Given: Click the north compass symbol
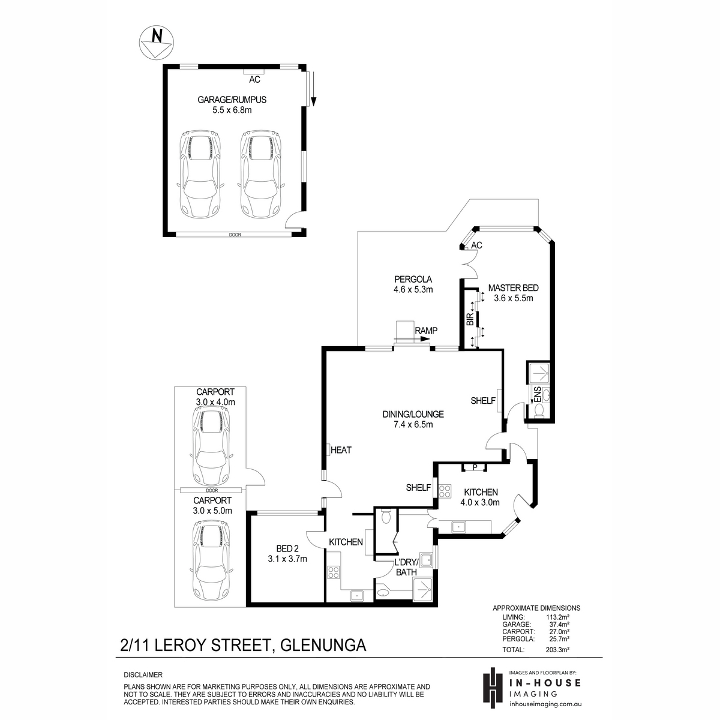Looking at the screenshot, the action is tap(157, 43).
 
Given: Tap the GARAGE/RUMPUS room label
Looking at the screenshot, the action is tap(232, 100).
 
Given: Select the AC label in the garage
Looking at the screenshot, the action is tap(254, 80).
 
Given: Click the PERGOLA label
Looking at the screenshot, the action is tap(413, 279).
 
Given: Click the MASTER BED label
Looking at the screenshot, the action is tap(513, 288).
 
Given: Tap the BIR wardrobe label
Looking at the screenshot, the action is tap(470, 319).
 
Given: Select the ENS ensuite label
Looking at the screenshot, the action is tap(538, 395).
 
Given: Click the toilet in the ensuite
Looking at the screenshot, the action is tap(539, 411).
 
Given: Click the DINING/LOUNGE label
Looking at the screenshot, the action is tap(413, 414).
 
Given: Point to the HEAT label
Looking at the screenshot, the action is tap(341, 450).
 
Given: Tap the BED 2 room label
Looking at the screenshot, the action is tap(287, 548).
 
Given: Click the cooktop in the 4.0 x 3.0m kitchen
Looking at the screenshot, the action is tap(445, 491).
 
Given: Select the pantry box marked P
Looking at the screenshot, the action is tap(475, 467).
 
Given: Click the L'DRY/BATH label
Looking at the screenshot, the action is tap(406, 567).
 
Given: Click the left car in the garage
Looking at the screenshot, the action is tap(200, 174).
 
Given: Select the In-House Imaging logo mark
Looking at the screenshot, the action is tap(493, 688).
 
